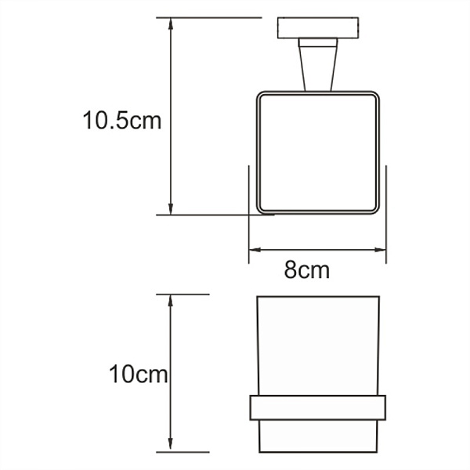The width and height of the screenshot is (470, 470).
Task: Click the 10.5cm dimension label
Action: [122, 121]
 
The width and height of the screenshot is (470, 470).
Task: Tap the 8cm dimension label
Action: [306, 271]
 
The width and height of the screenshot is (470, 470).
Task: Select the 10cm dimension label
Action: [139, 374]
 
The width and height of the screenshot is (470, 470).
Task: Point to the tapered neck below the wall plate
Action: [317, 66]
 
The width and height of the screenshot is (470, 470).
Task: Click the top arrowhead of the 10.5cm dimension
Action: [170, 23]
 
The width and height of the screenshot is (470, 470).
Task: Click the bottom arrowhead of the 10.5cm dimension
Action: [170, 208]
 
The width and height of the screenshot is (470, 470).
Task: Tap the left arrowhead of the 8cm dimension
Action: [254, 251]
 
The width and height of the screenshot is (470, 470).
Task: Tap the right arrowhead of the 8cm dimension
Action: [382, 251]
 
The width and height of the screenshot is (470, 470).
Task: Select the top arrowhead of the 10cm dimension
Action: [170, 299]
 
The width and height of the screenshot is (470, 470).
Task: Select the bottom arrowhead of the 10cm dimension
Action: [170, 446]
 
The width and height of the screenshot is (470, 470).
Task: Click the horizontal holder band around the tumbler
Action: [318, 408]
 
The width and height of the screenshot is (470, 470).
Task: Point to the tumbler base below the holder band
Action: [318, 436]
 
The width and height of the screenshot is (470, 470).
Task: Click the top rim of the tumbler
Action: [318, 297]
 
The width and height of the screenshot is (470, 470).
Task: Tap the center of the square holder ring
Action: [318, 153]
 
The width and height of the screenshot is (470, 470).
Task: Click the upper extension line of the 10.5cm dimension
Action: [208, 17]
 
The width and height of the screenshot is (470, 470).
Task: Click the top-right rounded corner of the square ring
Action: [374, 98]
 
